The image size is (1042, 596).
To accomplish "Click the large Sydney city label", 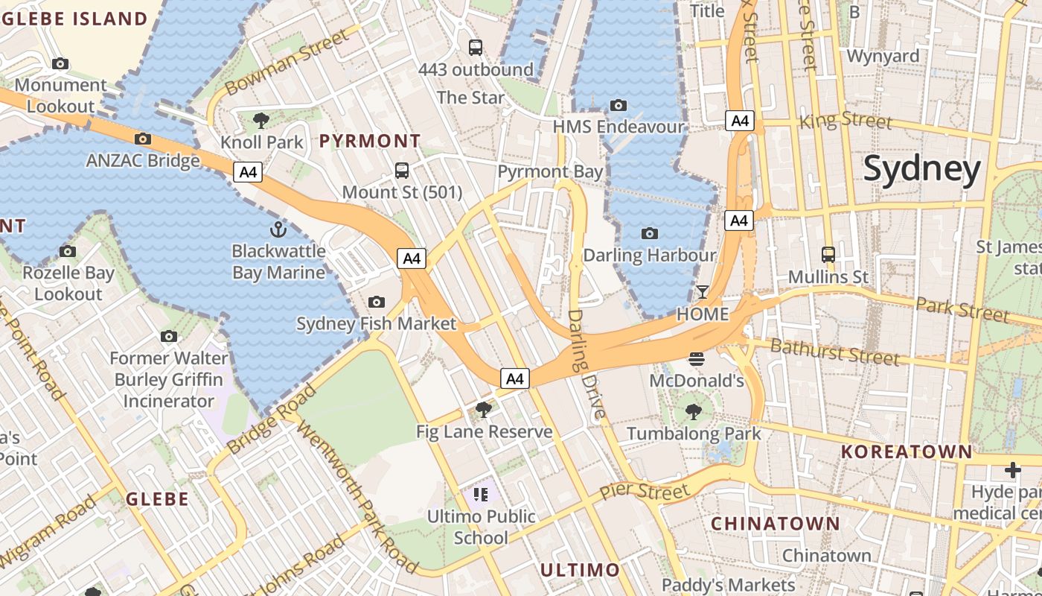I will [x=922, y=170].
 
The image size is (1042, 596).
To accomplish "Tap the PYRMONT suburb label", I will [x=370, y=141].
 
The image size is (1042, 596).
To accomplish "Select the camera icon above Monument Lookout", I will [x=60, y=64].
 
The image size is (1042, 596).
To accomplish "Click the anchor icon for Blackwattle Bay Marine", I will [x=278, y=229].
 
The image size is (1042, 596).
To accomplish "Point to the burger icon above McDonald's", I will [x=697, y=359].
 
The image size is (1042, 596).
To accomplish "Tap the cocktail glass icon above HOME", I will [x=702, y=291].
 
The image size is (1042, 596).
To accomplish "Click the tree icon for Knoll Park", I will [x=261, y=120].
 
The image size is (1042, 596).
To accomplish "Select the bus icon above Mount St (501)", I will [x=402, y=170].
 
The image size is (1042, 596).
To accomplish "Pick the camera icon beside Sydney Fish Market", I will [x=377, y=302].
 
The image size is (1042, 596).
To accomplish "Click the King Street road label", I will [x=845, y=120].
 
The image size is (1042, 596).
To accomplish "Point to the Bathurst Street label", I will [x=834, y=352].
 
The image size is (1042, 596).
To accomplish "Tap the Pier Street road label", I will [x=645, y=492].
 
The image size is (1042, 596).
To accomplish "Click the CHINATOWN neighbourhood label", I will [x=775, y=524].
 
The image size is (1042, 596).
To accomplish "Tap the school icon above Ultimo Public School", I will [x=481, y=494].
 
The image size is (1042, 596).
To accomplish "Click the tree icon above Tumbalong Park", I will [x=693, y=411].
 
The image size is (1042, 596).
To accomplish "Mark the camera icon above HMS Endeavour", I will [x=618, y=105].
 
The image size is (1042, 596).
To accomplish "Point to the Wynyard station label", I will [x=883, y=56].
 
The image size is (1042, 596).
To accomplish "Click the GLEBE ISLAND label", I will [x=74, y=19].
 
